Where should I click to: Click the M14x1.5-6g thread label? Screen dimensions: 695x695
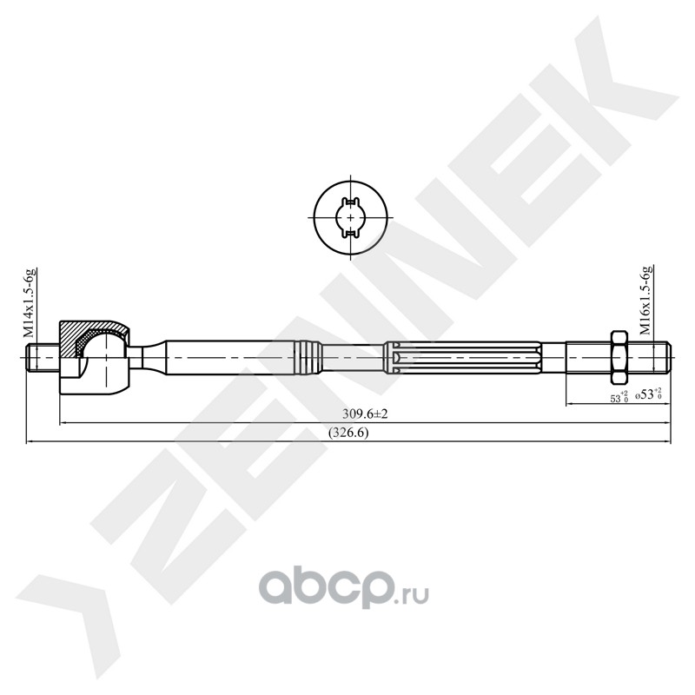[30, 301]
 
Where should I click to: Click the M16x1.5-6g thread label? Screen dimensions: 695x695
[645, 300]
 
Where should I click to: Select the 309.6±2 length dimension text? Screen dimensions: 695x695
[365, 414]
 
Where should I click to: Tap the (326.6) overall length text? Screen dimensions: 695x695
[348, 433]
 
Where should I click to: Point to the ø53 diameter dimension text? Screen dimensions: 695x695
[648, 394]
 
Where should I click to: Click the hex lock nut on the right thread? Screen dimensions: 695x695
[619, 357]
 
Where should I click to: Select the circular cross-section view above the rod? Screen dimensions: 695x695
[351, 218]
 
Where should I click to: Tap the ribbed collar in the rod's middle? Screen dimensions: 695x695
[308, 357]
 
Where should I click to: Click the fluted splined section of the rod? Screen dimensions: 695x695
[463, 357]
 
